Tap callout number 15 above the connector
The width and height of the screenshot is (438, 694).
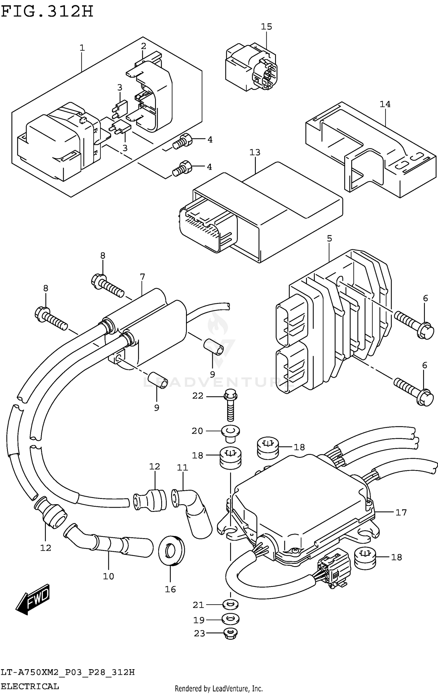pos(266,27)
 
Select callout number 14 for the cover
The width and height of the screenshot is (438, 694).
pos(385,104)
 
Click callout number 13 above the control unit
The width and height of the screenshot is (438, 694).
pos(255,152)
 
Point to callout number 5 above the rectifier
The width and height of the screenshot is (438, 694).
pos(329,239)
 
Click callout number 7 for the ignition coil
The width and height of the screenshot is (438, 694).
pos(142,276)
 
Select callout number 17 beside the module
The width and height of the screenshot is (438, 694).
pos(401,512)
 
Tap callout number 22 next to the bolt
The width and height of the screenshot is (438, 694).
pos(198,396)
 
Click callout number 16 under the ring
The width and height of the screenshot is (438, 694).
pos(170,589)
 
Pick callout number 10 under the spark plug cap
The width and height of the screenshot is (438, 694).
pos(108,576)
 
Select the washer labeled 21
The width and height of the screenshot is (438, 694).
pos(230,605)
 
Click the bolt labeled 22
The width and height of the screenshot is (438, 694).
pos(231,407)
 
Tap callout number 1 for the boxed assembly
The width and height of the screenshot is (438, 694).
pos(82,48)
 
